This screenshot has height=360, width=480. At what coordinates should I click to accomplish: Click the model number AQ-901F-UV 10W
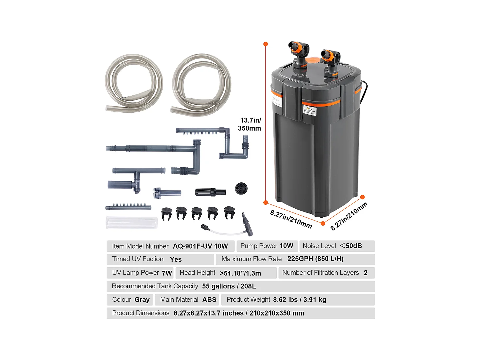click(x=200, y=246)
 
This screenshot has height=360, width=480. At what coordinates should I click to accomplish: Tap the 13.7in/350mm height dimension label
click(x=250, y=124)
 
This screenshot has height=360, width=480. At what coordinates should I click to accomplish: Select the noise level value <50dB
click(x=351, y=246)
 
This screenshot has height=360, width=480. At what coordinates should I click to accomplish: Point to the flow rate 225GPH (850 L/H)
click(x=315, y=259)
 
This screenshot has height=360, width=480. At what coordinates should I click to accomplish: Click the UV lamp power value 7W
click(x=167, y=273)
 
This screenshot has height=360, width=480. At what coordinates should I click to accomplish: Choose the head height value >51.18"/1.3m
click(x=240, y=273)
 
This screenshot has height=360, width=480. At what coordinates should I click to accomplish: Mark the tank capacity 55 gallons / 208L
click(x=229, y=286)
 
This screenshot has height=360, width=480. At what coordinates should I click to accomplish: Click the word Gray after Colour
click(x=142, y=300)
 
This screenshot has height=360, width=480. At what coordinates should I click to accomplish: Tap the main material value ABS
click(x=209, y=300)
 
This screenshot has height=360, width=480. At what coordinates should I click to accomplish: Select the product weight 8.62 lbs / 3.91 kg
click(x=300, y=300)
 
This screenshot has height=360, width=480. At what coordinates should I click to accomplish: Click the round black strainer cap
click(x=241, y=188)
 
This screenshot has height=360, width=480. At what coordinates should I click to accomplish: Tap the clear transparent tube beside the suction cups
click(x=132, y=223)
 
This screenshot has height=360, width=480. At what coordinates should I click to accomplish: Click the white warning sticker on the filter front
click(x=309, y=110)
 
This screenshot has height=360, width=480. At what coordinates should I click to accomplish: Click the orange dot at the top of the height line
click(x=266, y=44)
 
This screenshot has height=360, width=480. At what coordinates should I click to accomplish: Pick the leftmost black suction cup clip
click(x=167, y=214)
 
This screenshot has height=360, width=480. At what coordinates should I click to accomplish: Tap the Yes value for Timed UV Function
click(x=176, y=260)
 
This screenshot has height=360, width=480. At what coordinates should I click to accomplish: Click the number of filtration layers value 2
click(x=365, y=273)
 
